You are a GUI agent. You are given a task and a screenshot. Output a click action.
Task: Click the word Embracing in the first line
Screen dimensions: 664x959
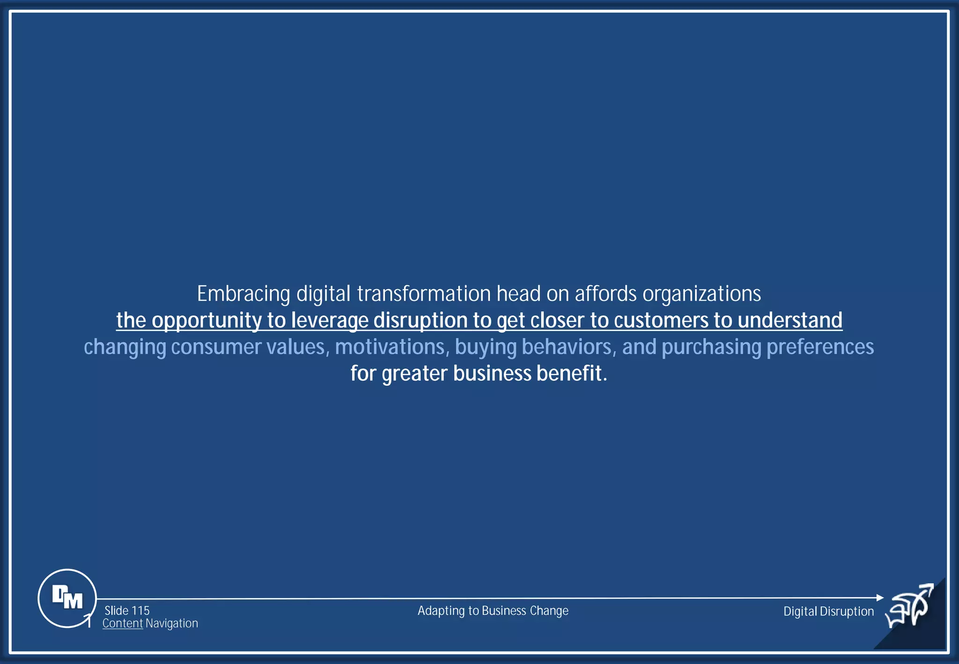[x=243, y=295]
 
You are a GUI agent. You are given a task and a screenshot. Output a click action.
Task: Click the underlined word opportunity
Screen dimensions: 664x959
[x=207, y=321]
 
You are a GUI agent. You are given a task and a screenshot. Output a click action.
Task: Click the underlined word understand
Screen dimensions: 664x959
[x=790, y=321]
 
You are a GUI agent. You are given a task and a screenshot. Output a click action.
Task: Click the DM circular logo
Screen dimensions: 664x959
[x=67, y=598]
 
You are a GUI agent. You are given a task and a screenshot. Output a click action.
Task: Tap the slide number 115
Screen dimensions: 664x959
[x=140, y=611]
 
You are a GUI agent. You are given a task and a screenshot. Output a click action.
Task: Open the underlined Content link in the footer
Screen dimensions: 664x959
[x=123, y=624]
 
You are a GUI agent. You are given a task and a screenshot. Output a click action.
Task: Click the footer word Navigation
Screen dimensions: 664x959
[x=172, y=624]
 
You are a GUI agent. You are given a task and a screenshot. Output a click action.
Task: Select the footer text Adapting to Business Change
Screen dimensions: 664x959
[x=493, y=611]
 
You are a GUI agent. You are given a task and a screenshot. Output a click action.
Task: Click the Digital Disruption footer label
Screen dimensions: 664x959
[x=828, y=612]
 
